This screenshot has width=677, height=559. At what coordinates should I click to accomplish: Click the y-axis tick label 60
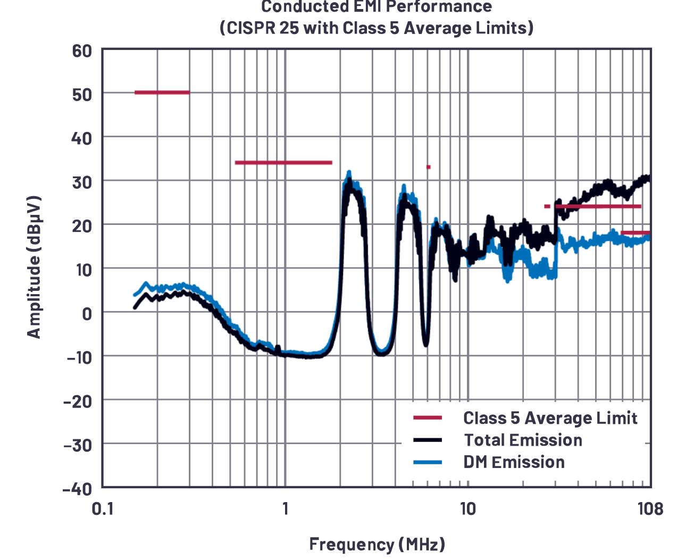click(81, 52)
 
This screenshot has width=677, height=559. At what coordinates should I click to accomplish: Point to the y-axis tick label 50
click(81, 95)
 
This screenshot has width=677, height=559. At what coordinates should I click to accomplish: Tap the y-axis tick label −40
click(77, 488)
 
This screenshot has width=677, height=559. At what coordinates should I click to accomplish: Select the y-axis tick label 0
click(87, 314)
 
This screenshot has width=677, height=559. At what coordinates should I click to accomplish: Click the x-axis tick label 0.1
click(103, 509)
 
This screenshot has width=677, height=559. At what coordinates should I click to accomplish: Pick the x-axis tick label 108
click(650, 509)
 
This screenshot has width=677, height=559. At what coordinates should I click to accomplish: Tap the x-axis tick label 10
click(467, 509)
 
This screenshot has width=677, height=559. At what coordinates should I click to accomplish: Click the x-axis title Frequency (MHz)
click(377, 545)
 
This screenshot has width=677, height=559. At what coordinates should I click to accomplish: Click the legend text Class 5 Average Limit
click(550, 418)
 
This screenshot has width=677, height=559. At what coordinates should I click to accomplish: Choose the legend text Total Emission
click(523, 440)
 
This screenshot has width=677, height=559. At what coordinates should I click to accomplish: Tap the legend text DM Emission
click(514, 462)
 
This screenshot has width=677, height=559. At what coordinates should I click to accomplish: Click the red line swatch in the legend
click(428, 418)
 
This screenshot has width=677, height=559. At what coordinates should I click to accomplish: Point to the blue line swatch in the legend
click(428, 462)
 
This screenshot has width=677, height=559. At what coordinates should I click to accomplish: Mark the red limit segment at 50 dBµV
click(162, 93)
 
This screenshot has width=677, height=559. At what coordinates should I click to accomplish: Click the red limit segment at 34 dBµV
click(283, 163)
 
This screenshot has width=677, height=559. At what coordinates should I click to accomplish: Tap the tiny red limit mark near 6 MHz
click(428, 167)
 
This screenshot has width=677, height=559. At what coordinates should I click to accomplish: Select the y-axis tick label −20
click(77, 401)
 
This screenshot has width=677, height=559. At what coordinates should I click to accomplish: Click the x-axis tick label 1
click(286, 509)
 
